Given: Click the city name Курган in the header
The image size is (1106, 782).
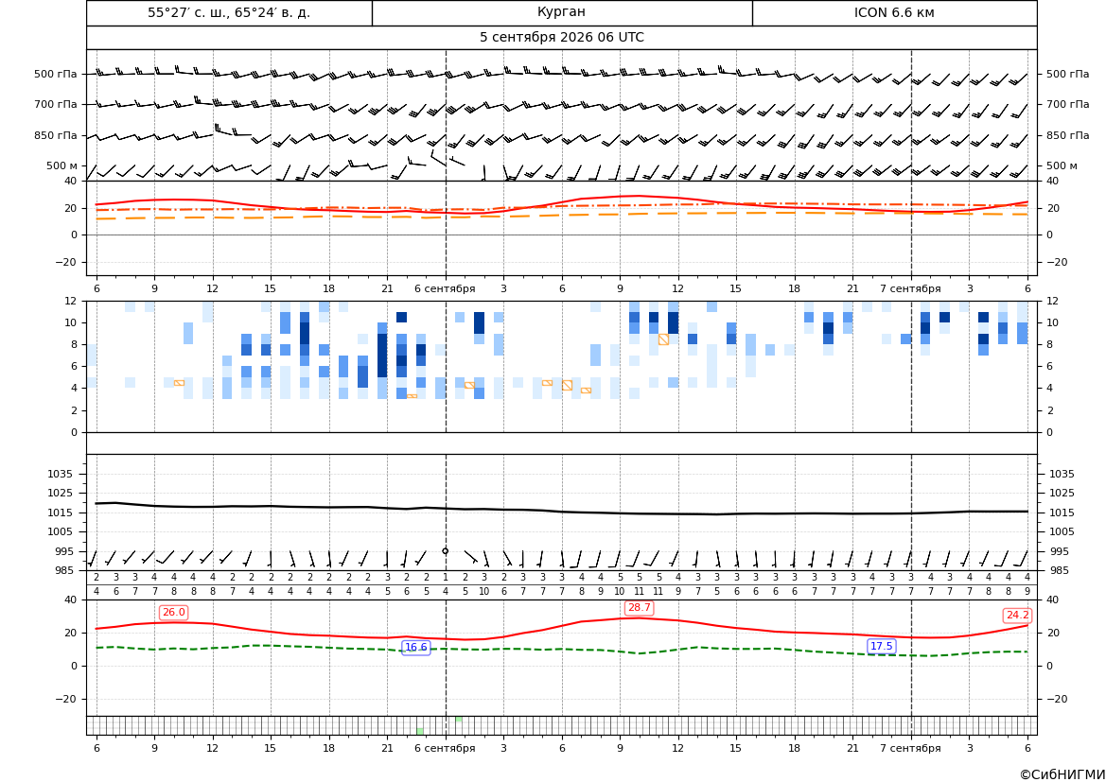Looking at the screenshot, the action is click(x=561, y=12).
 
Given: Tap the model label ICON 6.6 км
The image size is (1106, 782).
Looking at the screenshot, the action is click(x=894, y=12).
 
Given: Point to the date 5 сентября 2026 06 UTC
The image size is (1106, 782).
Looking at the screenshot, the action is click(x=561, y=38).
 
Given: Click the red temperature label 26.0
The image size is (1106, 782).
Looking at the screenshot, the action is click(x=173, y=612).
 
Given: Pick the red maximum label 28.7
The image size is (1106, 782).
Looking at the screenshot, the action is click(x=639, y=607).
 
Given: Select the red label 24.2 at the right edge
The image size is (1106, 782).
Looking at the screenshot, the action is click(x=1017, y=615).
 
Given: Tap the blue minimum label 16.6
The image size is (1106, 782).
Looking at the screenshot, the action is click(x=416, y=648).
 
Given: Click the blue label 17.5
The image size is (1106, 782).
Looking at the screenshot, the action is click(x=882, y=646).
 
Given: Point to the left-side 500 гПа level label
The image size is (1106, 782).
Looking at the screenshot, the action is click(x=56, y=74).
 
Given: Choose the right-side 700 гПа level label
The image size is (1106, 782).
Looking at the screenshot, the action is click(x=1068, y=104).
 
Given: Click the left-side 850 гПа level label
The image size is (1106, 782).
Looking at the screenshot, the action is click(x=56, y=135).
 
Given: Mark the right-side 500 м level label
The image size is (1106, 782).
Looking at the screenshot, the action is click(x=1062, y=165).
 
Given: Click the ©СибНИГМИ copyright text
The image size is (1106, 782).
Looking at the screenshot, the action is click(x=1062, y=774).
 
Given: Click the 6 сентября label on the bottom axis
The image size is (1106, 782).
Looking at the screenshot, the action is click(x=445, y=748).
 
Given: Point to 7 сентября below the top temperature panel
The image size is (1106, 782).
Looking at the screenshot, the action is click(x=910, y=288).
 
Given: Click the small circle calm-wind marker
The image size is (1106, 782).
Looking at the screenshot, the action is click(x=445, y=551).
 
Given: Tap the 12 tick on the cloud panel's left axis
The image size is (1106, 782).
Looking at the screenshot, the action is click(x=71, y=301).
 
